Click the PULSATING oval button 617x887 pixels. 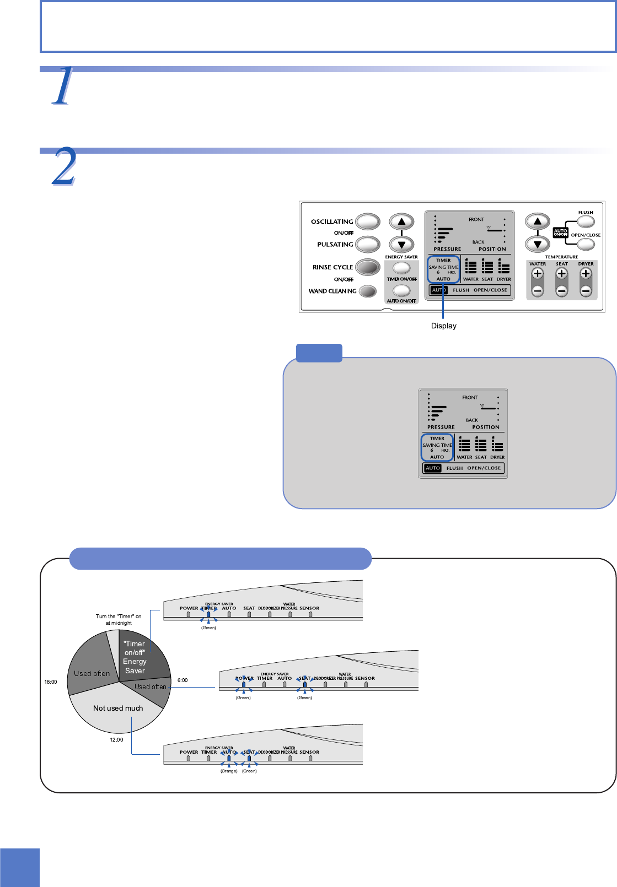coord(368,244)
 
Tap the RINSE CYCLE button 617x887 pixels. coord(368,267)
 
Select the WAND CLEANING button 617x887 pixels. coord(367,291)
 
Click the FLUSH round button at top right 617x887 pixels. coord(586,221)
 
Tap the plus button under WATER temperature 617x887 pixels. coord(538,274)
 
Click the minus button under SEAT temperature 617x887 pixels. coord(561,291)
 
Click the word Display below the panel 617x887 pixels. coord(443,326)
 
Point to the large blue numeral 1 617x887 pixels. coord(63,86)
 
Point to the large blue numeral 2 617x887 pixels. coord(64,167)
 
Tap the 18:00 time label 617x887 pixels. coord(51,682)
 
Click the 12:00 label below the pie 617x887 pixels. coord(116,740)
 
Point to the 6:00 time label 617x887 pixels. coord(183,680)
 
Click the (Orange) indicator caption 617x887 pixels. coord(229,771)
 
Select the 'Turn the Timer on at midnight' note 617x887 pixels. coord(119,620)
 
